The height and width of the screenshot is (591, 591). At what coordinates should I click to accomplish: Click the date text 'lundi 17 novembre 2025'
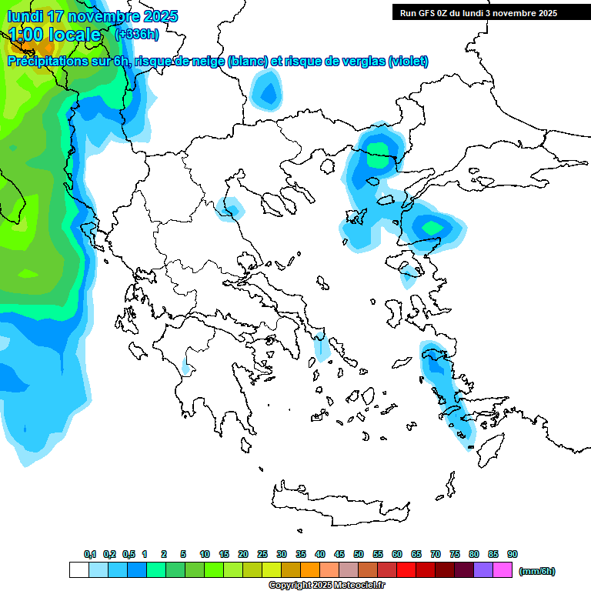[x=92, y=16]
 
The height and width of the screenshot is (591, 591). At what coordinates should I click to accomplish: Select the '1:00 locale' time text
[x=55, y=35]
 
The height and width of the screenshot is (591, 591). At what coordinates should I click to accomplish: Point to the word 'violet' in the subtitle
[x=406, y=62]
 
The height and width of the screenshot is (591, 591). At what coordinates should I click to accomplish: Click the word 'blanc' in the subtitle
[x=248, y=62]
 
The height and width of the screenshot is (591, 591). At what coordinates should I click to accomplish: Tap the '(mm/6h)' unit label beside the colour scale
[x=536, y=571]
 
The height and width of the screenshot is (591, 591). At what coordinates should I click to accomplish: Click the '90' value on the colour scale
[x=513, y=554]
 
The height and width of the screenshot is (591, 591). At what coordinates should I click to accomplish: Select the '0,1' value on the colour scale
[x=90, y=554]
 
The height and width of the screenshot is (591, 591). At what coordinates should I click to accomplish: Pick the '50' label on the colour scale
[x=359, y=554]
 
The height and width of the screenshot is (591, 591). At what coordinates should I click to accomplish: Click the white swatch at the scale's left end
[x=78, y=570]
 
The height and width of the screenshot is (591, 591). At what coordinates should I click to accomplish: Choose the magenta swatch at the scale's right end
[x=503, y=570]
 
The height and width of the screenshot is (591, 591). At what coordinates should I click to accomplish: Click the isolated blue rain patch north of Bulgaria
[x=266, y=92]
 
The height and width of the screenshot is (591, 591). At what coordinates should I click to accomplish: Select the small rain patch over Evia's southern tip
[x=322, y=348]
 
